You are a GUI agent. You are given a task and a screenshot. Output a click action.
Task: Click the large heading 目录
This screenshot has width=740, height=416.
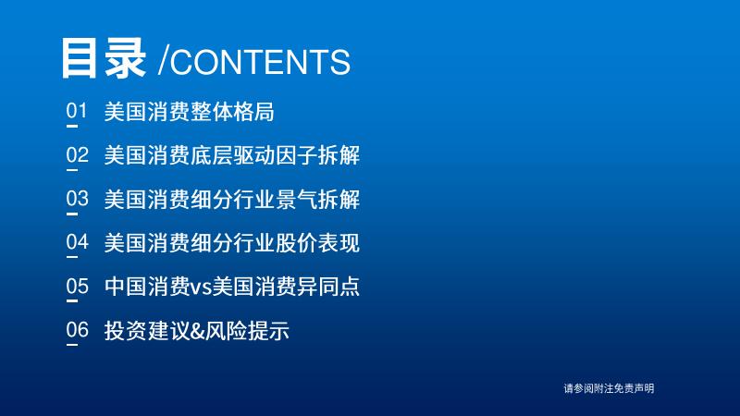[103, 58]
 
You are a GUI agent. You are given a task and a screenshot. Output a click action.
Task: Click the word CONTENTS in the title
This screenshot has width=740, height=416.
[260, 61]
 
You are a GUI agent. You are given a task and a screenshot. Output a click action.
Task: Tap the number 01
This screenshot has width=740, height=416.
[77, 111]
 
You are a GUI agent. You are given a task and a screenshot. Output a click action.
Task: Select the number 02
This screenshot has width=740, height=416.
[78, 154]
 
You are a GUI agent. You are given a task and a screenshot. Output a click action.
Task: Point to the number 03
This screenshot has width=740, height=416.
[78, 199]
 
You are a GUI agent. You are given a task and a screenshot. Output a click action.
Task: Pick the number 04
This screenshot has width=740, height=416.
[78, 242]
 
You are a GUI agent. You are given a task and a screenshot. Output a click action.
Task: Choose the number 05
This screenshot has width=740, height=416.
[78, 286]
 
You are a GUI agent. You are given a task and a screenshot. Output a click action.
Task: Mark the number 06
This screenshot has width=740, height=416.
[78, 330]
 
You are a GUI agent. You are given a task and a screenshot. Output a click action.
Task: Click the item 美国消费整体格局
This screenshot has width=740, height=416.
[189, 112]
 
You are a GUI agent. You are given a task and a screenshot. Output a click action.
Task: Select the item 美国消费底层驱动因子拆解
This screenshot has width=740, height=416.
[232, 155]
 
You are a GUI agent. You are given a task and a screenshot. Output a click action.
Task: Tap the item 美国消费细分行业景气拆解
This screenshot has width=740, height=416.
[232, 199]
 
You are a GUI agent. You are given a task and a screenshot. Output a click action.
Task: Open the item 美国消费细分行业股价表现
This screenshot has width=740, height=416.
[232, 243]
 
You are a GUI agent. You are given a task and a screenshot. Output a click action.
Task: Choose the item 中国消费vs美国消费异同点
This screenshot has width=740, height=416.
[232, 287]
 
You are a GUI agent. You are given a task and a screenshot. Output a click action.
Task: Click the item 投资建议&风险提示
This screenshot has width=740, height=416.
[196, 330]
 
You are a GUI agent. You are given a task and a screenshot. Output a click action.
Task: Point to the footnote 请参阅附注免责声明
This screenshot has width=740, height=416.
[609, 388]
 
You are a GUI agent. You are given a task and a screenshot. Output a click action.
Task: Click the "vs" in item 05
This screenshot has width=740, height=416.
[201, 288]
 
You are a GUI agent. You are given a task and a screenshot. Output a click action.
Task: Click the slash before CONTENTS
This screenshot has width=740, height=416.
[164, 61]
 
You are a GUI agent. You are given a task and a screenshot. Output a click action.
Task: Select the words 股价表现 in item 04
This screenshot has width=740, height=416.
[317, 243]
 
